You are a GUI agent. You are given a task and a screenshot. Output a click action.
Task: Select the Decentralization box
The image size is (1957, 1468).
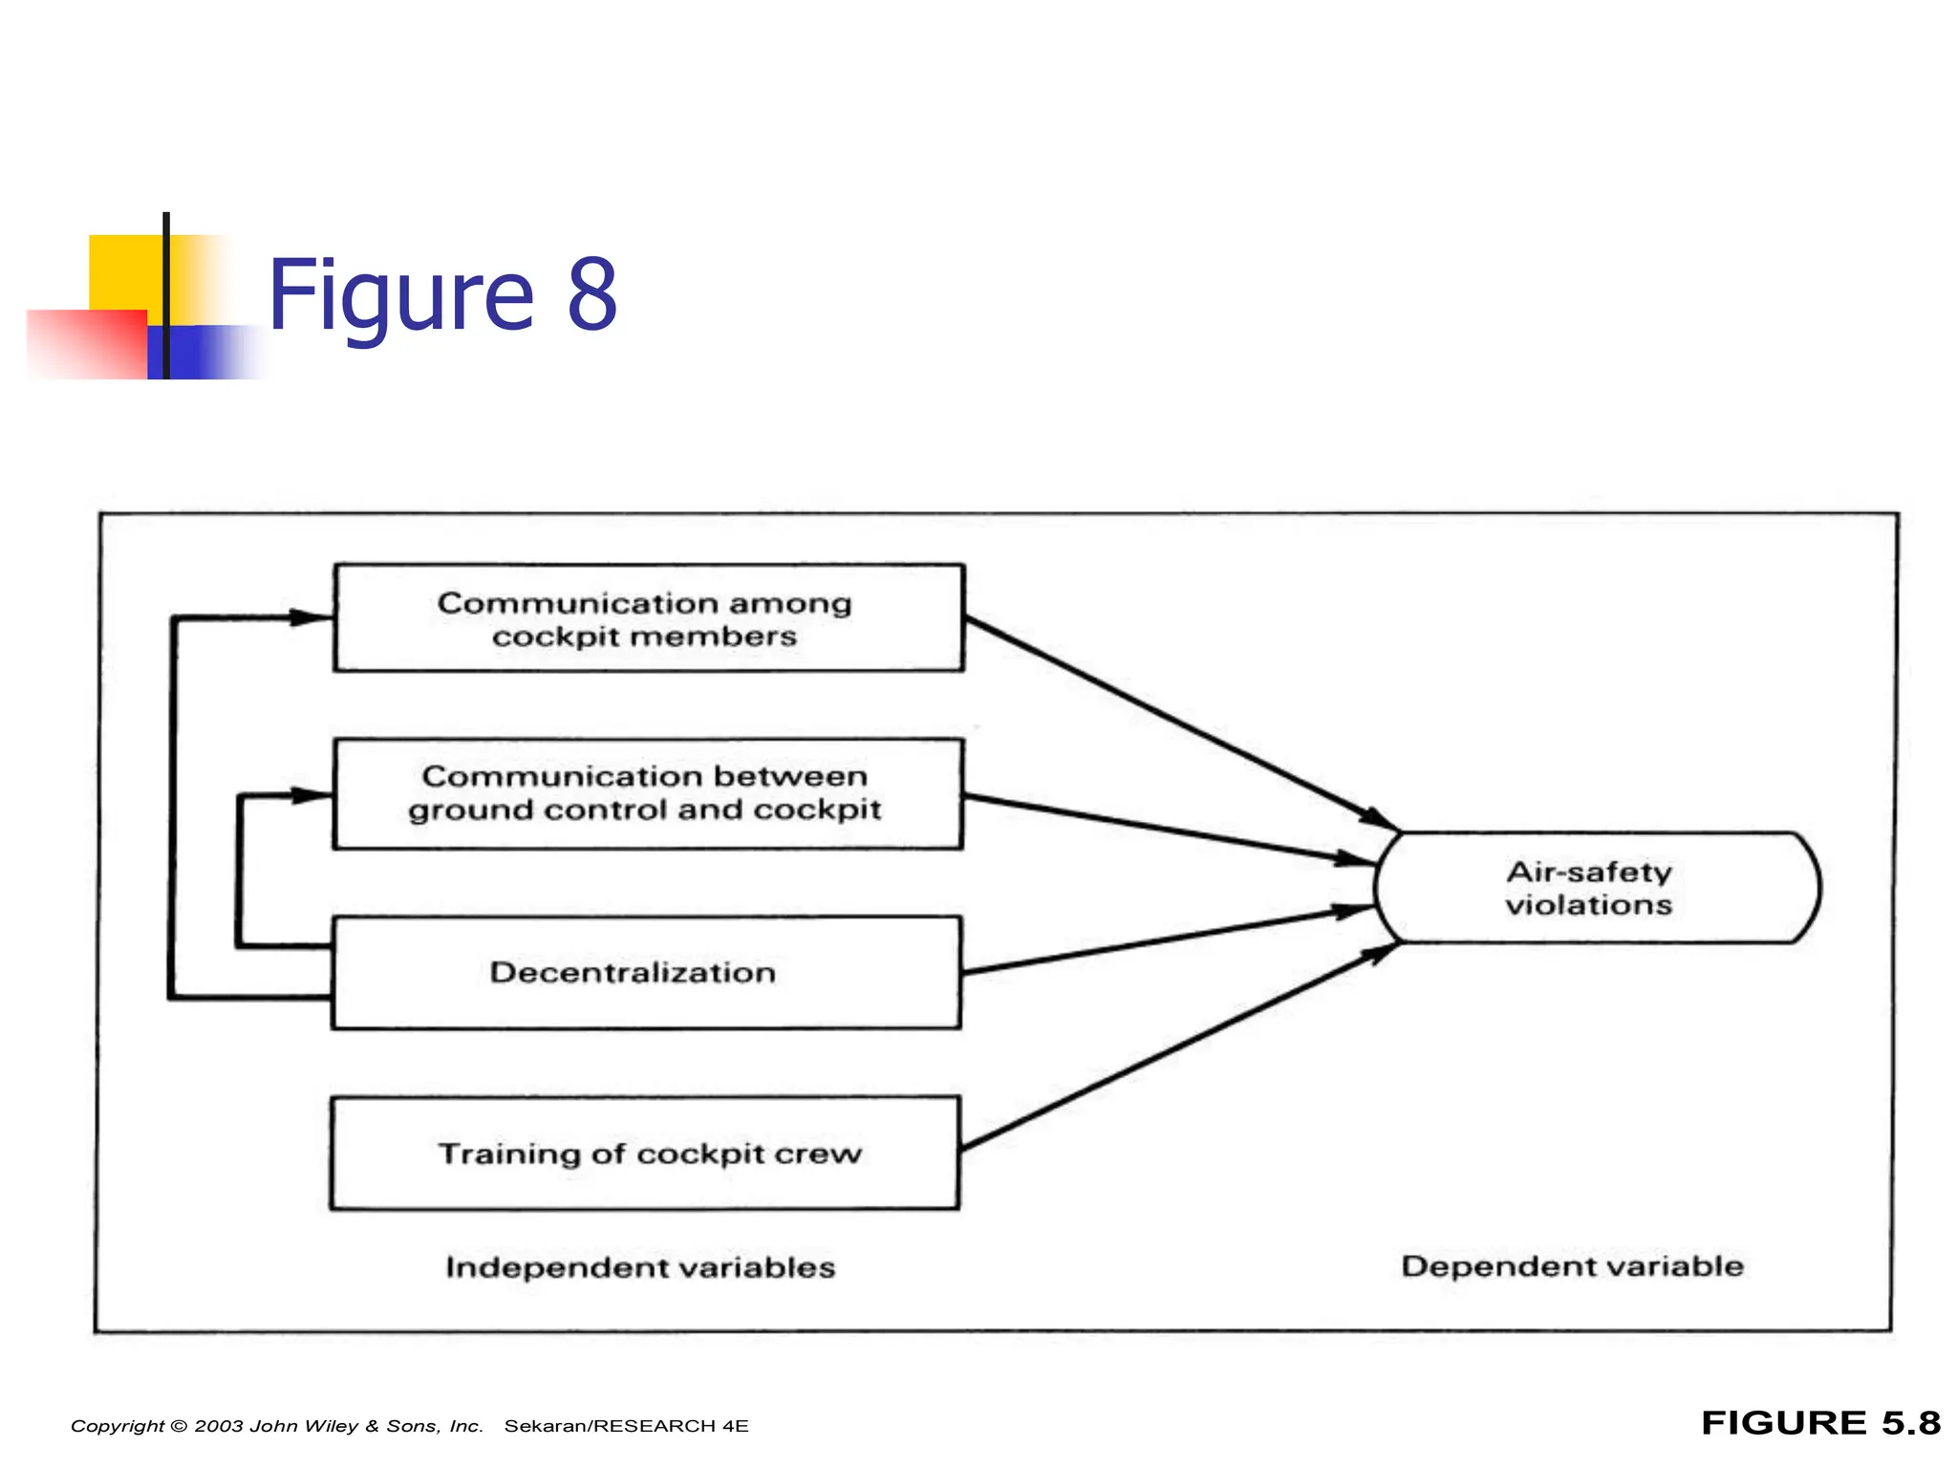[646, 973]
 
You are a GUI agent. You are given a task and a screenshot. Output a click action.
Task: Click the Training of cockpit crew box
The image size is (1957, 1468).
[646, 1153]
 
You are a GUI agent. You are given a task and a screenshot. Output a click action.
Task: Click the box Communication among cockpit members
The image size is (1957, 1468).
[648, 618]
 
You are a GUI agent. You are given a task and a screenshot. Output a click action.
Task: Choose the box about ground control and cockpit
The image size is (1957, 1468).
[648, 793]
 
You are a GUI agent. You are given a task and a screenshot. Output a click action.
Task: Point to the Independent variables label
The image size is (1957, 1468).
[640, 1267]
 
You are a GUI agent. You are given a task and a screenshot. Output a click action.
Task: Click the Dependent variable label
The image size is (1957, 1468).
[1572, 1266]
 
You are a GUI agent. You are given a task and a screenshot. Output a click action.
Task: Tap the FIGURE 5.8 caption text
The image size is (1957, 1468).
[1820, 1423]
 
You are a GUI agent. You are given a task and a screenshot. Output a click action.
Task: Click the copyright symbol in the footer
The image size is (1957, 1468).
[179, 1426]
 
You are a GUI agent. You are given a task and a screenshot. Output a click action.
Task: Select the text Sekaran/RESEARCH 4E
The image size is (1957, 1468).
[626, 1426]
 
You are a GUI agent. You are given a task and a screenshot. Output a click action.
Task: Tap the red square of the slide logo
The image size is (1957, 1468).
[86, 344]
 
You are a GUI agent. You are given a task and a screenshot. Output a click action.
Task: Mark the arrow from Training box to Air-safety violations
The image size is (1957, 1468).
[1175, 1047]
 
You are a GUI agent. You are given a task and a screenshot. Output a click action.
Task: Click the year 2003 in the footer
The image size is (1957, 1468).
[219, 1426]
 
